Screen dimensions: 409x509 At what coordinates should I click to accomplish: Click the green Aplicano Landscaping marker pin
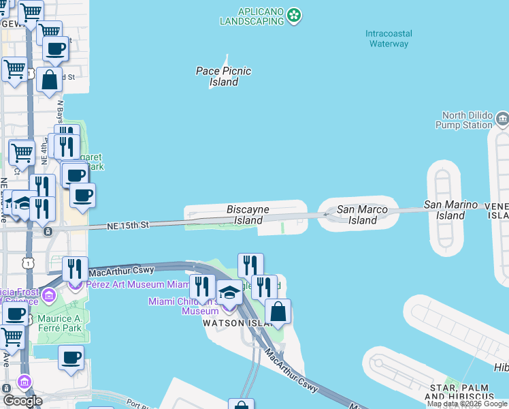click(x=294, y=15)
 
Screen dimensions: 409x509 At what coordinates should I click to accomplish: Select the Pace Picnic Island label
click(x=223, y=76)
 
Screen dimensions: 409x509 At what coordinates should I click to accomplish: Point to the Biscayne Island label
click(x=248, y=215)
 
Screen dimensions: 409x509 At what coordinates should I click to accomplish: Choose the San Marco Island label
click(x=363, y=215)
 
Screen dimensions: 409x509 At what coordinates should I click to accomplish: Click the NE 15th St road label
click(x=128, y=225)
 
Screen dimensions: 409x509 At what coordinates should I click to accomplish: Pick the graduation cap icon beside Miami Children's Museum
click(x=229, y=293)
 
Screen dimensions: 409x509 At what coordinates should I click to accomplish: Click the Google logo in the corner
click(x=22, y=401)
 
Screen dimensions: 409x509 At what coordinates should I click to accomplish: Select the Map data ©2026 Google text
click(x=467, y=404)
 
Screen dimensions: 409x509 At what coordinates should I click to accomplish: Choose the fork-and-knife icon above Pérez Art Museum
click(x=75, y=269)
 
